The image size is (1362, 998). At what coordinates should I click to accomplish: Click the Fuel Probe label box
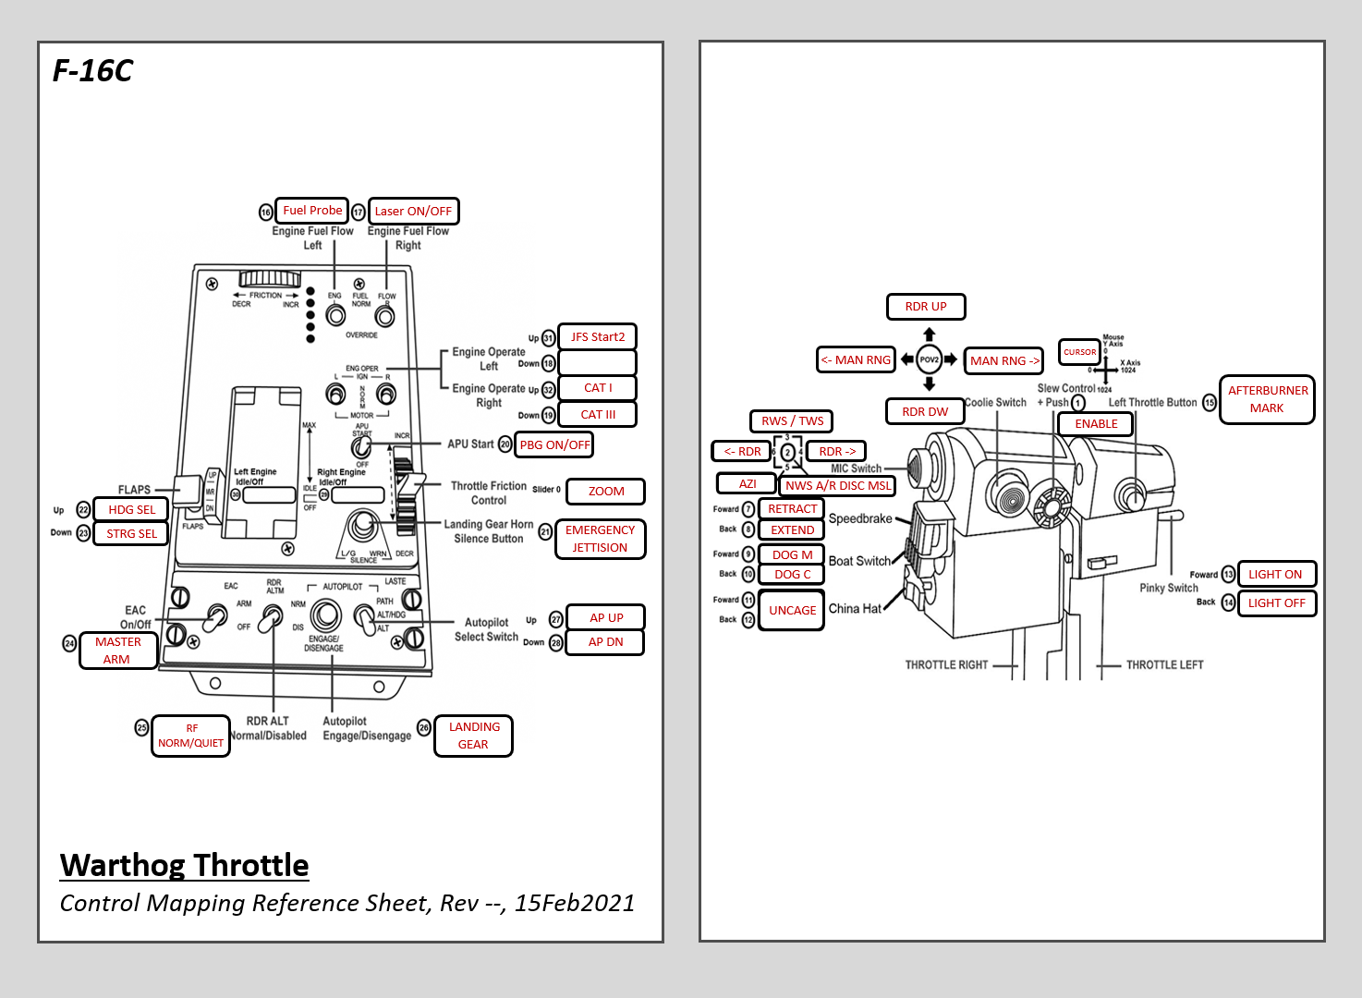312,211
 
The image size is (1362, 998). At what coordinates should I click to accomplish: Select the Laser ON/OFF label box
413,212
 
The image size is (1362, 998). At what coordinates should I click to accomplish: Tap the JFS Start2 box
597,337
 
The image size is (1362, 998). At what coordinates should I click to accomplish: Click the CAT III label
597,415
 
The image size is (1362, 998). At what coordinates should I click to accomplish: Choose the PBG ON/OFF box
554,444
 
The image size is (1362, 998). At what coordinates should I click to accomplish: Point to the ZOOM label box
605,492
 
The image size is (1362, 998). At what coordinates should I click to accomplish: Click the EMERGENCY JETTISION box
600,539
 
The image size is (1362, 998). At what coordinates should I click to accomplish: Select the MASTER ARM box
117,651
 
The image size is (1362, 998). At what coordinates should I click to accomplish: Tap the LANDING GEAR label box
473,736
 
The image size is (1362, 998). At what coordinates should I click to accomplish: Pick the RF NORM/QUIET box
190,736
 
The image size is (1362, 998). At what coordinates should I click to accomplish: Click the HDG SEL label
131,510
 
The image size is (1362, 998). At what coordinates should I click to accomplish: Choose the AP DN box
605,642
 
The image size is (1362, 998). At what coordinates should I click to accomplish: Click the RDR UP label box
925,307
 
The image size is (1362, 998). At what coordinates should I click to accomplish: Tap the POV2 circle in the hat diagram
929,359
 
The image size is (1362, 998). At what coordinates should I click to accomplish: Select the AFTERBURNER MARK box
1267,399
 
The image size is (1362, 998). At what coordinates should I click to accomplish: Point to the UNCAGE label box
791,611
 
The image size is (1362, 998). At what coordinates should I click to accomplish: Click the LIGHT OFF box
1276,603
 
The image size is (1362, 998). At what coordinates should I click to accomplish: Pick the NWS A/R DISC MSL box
838,486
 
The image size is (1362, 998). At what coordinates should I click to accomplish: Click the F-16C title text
92,71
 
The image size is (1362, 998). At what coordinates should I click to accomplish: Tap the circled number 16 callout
266,213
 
